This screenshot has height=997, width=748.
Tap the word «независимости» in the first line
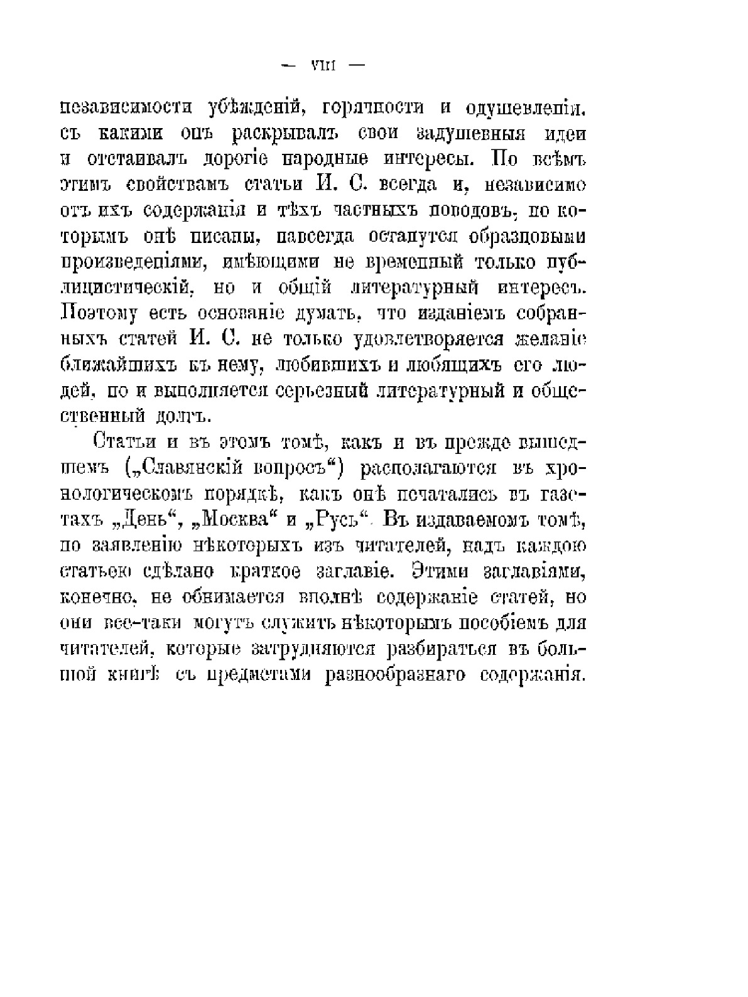[x=134, y=108]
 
